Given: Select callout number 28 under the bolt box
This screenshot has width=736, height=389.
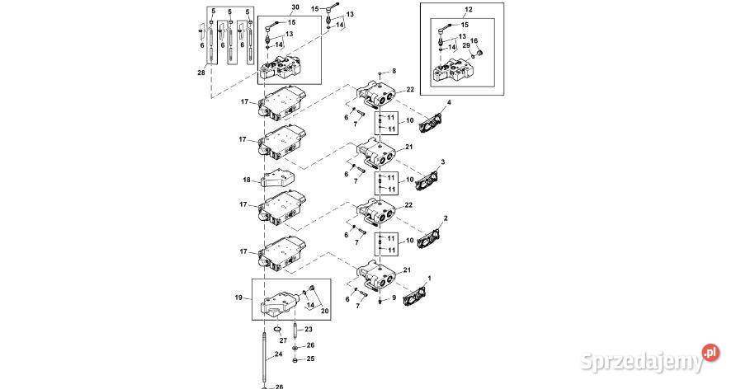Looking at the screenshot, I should pyautogui.click(x=201, y=73).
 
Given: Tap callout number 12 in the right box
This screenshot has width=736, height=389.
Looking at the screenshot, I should pyautogui.click(x=469, y=9).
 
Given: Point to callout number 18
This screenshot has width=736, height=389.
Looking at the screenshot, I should pyautogui.click(x=247, y=180).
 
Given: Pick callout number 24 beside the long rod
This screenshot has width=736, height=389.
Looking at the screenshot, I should pyautogui.click(x=278, y=354).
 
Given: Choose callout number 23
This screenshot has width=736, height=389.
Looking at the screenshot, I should pyautogui.click(x=309, y=329).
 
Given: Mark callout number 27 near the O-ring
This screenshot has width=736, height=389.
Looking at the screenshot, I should pyautogui.click(x=282, y=339).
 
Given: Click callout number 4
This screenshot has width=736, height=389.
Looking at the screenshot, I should pyautogui.click(x=449, y=103).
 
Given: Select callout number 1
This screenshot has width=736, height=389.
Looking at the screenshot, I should pyautogui.click(x=428, y=279).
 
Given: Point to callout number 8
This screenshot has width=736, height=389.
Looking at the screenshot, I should pyautogui.click(x=394, y=72).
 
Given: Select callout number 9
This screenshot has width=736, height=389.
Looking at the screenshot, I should pyautogui.click(x=394, y=298).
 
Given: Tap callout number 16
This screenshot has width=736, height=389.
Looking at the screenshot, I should pyautogui.click(x=474, y=40).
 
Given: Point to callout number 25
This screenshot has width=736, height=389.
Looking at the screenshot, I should pyautogui.click(x=310, y=359).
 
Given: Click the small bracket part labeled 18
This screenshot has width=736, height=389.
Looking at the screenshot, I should pyautogui.click(x=276, y=180).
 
